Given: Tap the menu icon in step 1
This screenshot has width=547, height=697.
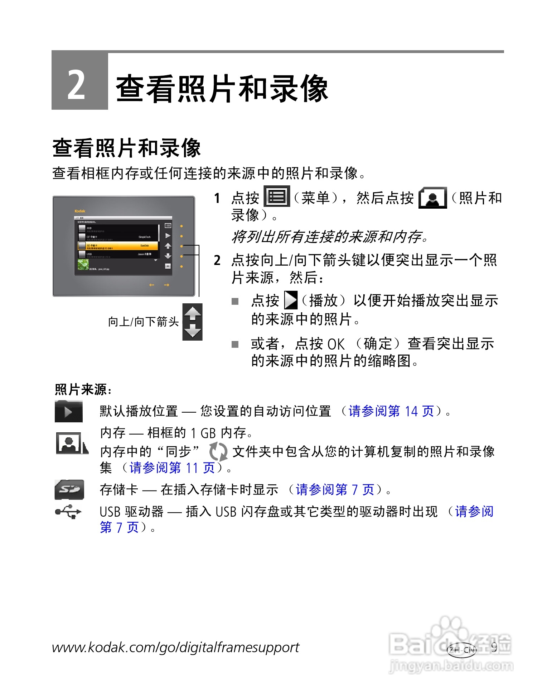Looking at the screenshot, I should (277, 196).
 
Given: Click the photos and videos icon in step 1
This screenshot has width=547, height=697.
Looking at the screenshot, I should (432, 198).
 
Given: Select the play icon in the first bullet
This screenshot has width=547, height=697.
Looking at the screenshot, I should (291, 300).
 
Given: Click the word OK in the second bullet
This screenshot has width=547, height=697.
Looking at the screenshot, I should (336, 344).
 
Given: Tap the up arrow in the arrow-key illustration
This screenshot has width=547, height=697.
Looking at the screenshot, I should (193, 313).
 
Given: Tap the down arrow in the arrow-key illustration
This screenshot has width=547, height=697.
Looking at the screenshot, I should (193, 331).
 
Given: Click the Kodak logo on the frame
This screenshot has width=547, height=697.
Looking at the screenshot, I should (80, 211).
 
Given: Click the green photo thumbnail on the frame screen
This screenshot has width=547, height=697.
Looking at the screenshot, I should (83, 265).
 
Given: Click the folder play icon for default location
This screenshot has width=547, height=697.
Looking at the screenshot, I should (69, 411).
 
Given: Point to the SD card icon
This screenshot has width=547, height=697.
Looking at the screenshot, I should (69, 489).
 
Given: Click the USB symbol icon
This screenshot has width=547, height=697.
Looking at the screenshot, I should (68, 512).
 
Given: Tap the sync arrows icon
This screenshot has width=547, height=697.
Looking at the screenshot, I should (218, 451).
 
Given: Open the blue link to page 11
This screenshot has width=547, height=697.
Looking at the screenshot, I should (172, 468).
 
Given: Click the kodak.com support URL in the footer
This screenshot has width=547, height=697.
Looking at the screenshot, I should (175, 648).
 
